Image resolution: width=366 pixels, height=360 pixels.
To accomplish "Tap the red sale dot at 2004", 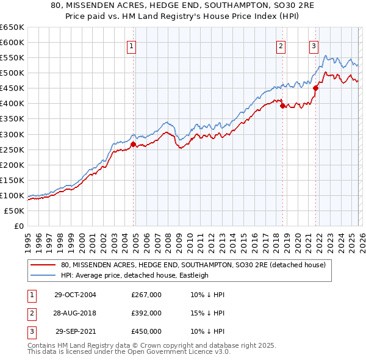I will coord(133,145).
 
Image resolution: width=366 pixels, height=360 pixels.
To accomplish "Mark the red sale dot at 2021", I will coord(316,88).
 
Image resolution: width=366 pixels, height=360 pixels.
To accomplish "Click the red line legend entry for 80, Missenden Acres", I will coord(193,265).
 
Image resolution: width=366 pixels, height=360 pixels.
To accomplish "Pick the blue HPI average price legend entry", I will coord(135,275).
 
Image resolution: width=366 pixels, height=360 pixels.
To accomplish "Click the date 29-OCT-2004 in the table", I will coord(75,295).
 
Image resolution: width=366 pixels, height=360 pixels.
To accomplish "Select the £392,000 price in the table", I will coord(146,313).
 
